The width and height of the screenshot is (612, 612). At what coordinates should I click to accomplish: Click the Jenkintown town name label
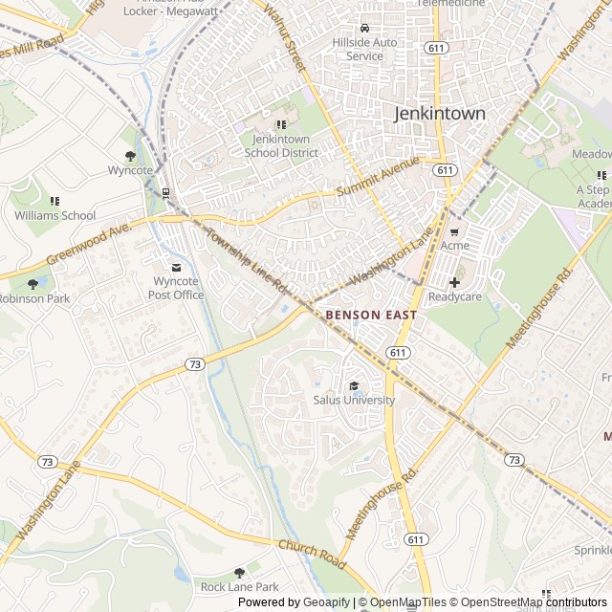tap(440, 114)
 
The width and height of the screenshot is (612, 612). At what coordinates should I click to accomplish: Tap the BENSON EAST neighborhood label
tap(367, 314)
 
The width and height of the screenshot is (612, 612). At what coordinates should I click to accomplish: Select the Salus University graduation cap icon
tap(355, 385)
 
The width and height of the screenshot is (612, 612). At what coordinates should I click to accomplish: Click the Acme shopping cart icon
tap(454, 230)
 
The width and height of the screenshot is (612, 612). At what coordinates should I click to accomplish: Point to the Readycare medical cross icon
tap(454, 282)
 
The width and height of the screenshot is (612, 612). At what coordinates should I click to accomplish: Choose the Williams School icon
tap(55, 201)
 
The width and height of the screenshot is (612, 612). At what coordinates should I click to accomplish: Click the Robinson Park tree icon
tap(33, 284)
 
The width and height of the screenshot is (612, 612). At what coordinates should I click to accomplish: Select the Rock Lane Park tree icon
tap(239, 572)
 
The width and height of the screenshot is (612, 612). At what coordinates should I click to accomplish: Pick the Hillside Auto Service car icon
tap(364, 28)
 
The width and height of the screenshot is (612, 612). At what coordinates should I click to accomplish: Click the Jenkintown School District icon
tap(281, 124)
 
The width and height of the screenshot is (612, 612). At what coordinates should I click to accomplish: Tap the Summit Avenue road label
tap(379, 178)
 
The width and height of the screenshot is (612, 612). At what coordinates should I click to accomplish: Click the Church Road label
tap(312, 552)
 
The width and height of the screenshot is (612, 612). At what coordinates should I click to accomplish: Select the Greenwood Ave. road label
tap(89, 245)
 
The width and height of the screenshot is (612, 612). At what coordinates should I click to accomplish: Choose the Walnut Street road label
tap(284, 39)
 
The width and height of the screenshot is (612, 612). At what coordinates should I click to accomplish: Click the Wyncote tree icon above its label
tap(130, 156)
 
